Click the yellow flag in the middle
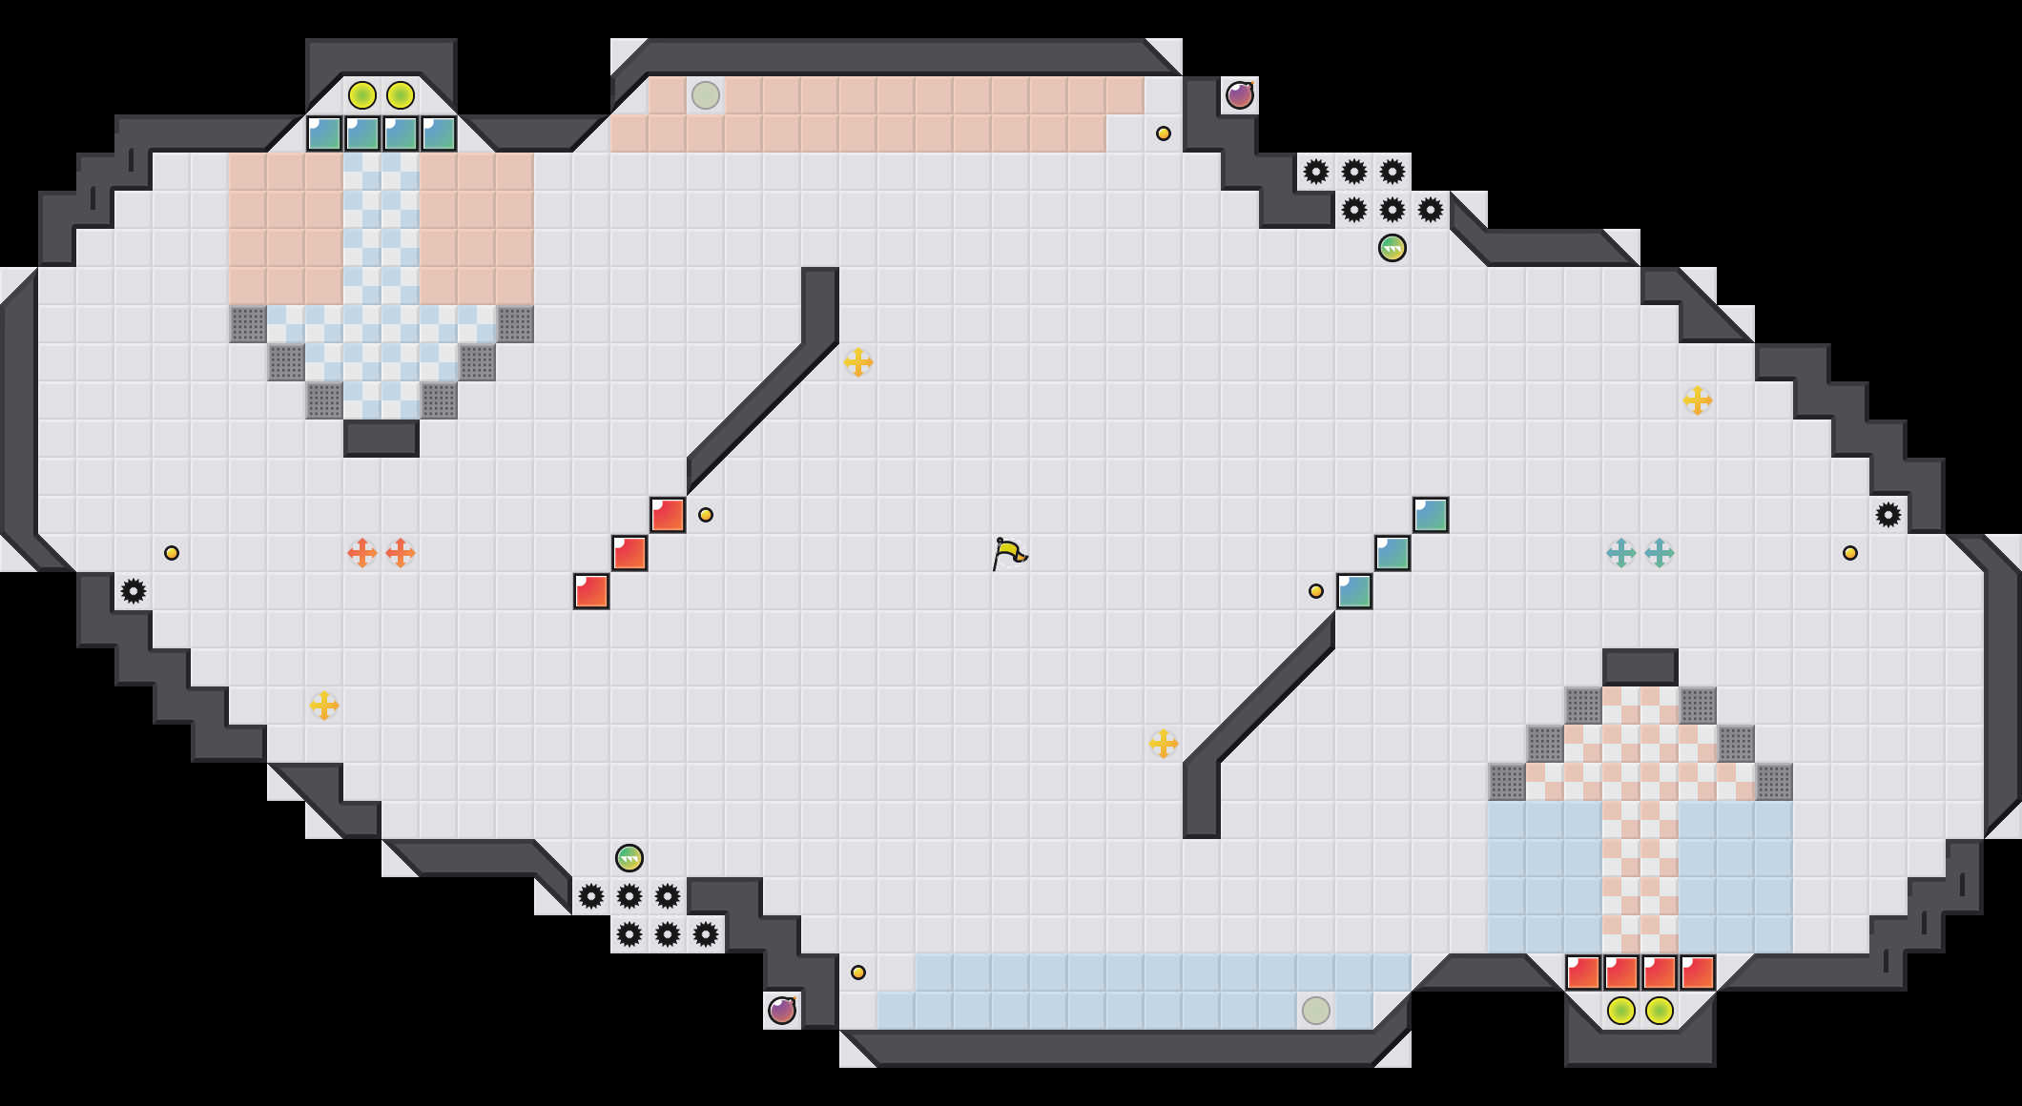pos(1009,553)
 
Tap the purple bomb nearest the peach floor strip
pos(1240,95)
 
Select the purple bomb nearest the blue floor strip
pos(782,1010)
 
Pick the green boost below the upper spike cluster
pos(1393,248)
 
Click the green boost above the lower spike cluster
pos(629,858)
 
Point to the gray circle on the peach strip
pos(706,95)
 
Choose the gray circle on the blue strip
pos(1316,1010)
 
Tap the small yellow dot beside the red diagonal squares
pos(706,515)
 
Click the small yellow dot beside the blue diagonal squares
pos(1316,591)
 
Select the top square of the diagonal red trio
pos(668,515)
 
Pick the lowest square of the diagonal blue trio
pos(1354,591)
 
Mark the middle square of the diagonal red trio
pos(629,553)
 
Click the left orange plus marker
pos(362,553)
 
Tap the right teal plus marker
pos(1660,553)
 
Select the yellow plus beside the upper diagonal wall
pos(858,362)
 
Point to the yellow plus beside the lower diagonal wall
pos(1164,744)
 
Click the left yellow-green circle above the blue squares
pos(362,95)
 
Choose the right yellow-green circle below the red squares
pos(1660,1010)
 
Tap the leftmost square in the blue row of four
pos(324,133)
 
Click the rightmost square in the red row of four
pos(1698,973)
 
